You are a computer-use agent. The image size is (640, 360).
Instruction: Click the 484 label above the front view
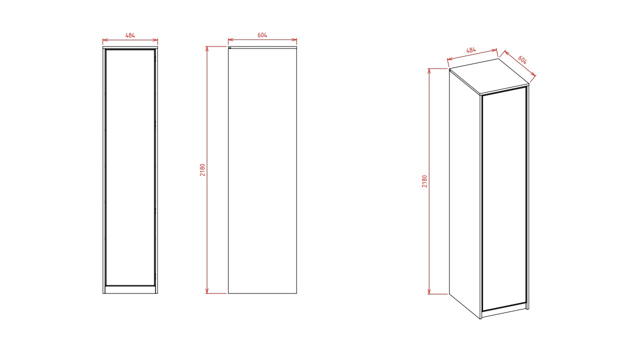click(x=130, y=35)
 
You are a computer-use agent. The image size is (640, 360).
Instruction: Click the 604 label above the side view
click(x=262, y=35)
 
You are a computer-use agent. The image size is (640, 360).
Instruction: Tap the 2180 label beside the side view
click(x=202, y=169)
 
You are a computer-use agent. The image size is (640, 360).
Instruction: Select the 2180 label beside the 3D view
click(x=424, y=181)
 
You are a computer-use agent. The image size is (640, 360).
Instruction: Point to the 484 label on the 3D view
click(x=471, y=50)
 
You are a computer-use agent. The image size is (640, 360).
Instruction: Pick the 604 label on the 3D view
click(x=522, y=59)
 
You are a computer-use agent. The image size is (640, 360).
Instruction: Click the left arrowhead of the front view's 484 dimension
click(x=105, y=40)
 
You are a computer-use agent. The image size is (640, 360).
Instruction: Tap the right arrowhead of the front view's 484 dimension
click(x=155, y=40)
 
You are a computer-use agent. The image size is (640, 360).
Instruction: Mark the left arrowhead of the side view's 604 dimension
click(x=230, y=39)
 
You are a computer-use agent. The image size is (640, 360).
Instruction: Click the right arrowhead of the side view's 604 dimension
click(x=294, y=39)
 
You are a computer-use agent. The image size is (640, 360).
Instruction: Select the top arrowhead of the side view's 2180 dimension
click(x=207, y=48)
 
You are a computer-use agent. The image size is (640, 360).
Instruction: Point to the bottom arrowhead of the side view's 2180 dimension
click(x=207, y=291)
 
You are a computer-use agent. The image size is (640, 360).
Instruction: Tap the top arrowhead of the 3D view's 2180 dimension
click(x=429, y=71)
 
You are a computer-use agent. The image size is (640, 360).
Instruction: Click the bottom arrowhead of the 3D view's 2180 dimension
click(x=429, y=291)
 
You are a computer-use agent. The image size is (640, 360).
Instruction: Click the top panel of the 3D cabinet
click(x=489, y=76)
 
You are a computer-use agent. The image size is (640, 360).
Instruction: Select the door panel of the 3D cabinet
click(x=504, y=199)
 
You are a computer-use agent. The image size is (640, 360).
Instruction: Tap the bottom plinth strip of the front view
click(x=130, y=289)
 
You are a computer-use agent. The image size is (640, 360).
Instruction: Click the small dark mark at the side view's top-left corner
click(x=230, y=48)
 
